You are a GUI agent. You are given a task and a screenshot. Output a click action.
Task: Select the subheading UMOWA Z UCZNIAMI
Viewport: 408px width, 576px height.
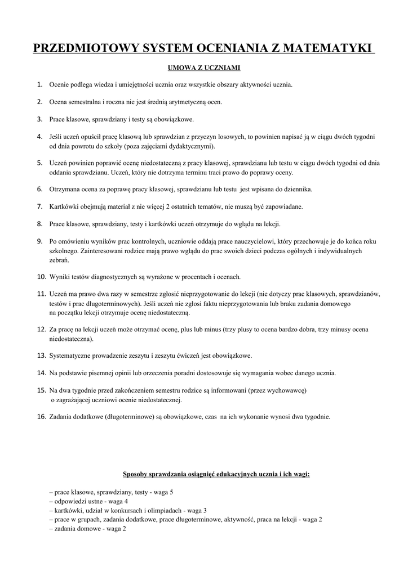pyautogui.click(x=204, y=68)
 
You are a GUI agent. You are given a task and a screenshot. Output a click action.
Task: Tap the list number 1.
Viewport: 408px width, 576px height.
pyautogui.click(x=40, y=85)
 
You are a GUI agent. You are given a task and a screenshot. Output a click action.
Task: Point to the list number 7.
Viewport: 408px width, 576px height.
pyautogui.click(x=40, y=206)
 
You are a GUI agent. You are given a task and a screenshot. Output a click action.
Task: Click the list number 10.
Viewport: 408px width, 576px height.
pyautogui.click(x=41, y=277)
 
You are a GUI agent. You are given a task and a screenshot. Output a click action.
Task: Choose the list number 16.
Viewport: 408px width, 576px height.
pyautogui.click(x=41, y=417)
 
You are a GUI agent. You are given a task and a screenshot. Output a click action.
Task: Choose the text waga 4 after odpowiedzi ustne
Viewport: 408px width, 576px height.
pyautogui.click(x=118, y=501)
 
